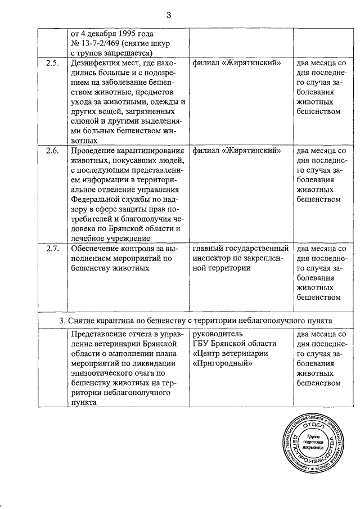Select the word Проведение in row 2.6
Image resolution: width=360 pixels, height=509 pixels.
point(92,151)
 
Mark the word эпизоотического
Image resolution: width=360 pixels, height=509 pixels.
point(103,373)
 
